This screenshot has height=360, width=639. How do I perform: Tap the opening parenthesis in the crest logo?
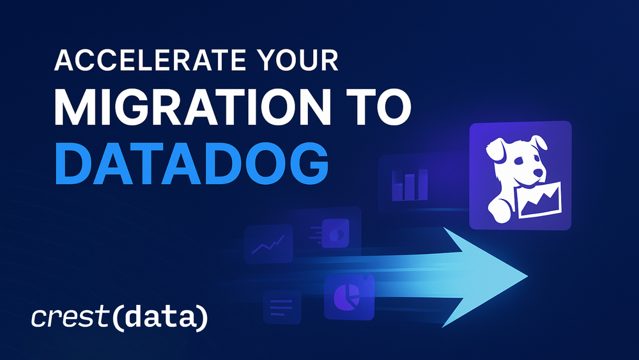click(x=116, y=318)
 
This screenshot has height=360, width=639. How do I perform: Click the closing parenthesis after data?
click(x=203, y=318)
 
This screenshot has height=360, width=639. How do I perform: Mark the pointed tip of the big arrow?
click(x=526, y=276)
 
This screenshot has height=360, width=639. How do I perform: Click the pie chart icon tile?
click(x=349, y=297)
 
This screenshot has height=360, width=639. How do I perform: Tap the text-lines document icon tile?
click(x=281, y=306)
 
